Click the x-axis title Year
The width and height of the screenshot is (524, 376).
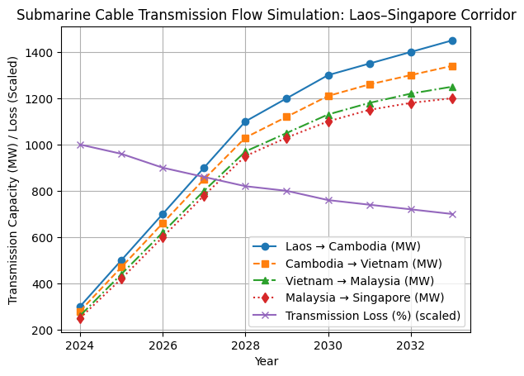pyautogui.click(x=266, y=361)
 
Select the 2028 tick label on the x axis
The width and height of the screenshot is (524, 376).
pyautogui.click(x=245, y=345)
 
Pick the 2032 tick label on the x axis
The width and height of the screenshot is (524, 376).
pyautogui.click(x=411, y=345)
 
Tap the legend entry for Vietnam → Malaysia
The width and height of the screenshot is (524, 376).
pyautogui.click(x=360, y=281)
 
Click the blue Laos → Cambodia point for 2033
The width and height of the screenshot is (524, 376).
pyautogui.click(x=452, y=40)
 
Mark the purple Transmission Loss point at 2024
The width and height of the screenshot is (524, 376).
pyautogui.click(x=80, y=145)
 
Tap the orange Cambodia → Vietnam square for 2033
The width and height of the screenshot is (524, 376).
pyautogui.click(x=452, y=66)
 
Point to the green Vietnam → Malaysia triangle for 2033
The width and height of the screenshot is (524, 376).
pyautogui.click(x=452, y=87)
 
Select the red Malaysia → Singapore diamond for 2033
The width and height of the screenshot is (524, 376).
pyautogui.click(x=452, y=98)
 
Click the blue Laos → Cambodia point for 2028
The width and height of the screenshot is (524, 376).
pyautogui.click(x=245, y=121)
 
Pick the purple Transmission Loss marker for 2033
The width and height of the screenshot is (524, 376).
pyautogui.click(x=452, y=214)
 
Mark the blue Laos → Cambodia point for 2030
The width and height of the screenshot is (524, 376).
pyautogui.click(x=328, y=75)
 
